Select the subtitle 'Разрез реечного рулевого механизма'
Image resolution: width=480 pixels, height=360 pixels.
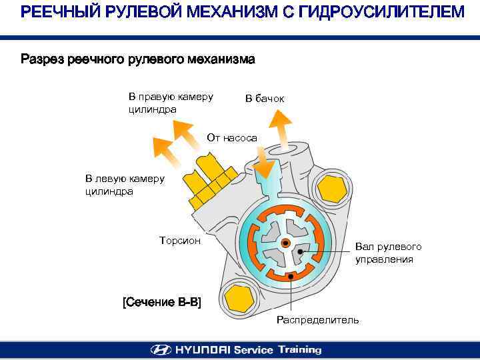coord(138,60)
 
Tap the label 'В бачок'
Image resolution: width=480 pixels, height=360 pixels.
coord(265,99)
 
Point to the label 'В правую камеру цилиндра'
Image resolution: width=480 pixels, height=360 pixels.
coord(171,103)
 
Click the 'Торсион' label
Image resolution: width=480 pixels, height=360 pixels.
coord(180,240)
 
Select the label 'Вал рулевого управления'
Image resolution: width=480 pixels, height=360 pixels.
coord(388,253)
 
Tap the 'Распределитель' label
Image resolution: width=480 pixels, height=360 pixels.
coord(317,320)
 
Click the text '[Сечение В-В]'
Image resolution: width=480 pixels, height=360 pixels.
coord(162,302)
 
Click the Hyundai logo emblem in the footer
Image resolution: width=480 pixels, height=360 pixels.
coord(160,349)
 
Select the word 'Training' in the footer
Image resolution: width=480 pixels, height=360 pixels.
coord(299,349)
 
